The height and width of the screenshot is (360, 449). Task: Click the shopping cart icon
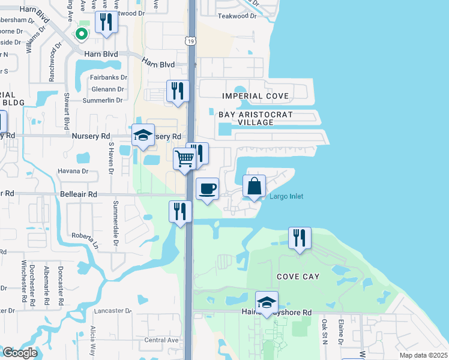tap(185, 159)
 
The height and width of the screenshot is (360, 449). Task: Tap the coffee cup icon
tap(207, 188)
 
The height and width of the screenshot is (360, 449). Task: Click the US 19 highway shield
tap(189, 40)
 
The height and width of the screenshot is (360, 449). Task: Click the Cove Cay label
tap(298, 277)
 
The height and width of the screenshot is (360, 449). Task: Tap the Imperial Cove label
tap(255, 96)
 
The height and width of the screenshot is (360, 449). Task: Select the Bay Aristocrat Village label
tap(246, 118)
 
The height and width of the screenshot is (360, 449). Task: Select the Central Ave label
tap(161, 340)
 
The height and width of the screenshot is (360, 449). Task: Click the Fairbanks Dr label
tap(108, 77)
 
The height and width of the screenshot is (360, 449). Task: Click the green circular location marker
tap(81, 34)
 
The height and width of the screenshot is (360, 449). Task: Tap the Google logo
tap(19, 353)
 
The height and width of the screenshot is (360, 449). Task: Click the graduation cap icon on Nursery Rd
tap(143, 136)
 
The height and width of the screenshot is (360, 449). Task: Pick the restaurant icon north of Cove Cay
tap(299, 237)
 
